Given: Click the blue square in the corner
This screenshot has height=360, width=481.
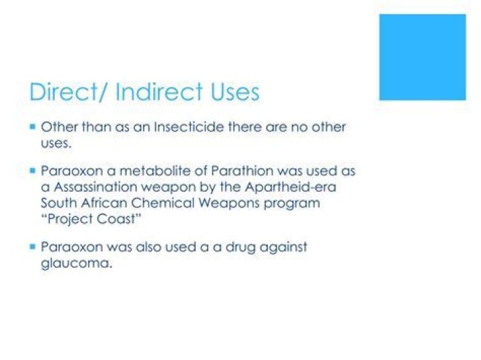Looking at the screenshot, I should (422, 57).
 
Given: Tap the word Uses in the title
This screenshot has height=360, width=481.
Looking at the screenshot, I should (232, 92).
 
